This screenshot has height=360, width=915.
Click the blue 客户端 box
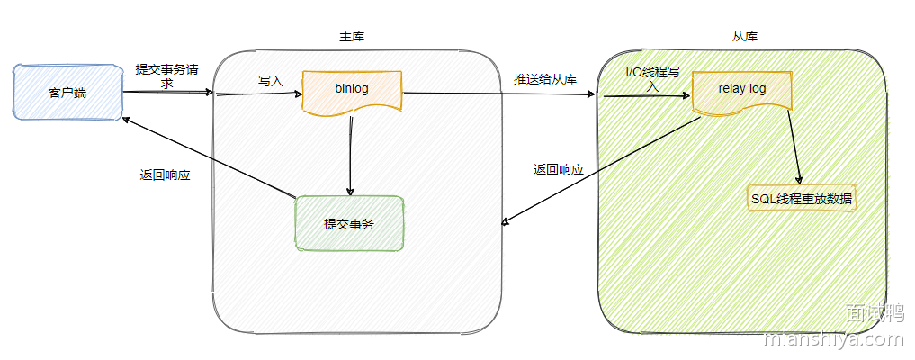coord(67,92)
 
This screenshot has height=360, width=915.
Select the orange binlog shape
coord(351,90)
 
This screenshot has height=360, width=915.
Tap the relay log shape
coord(741,90)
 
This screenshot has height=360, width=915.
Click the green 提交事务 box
coord(350,223)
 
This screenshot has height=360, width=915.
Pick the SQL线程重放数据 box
coord(802,199)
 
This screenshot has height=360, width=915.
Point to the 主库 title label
coord(352,37)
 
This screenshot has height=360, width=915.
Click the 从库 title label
coord(745,37)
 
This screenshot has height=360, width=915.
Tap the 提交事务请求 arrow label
coord(167,76)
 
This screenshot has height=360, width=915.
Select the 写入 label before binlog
coord(270,80)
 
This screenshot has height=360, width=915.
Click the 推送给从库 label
coord(544,78)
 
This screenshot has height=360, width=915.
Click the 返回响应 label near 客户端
coord(165,175)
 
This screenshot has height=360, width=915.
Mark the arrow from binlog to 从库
coord(499,93)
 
